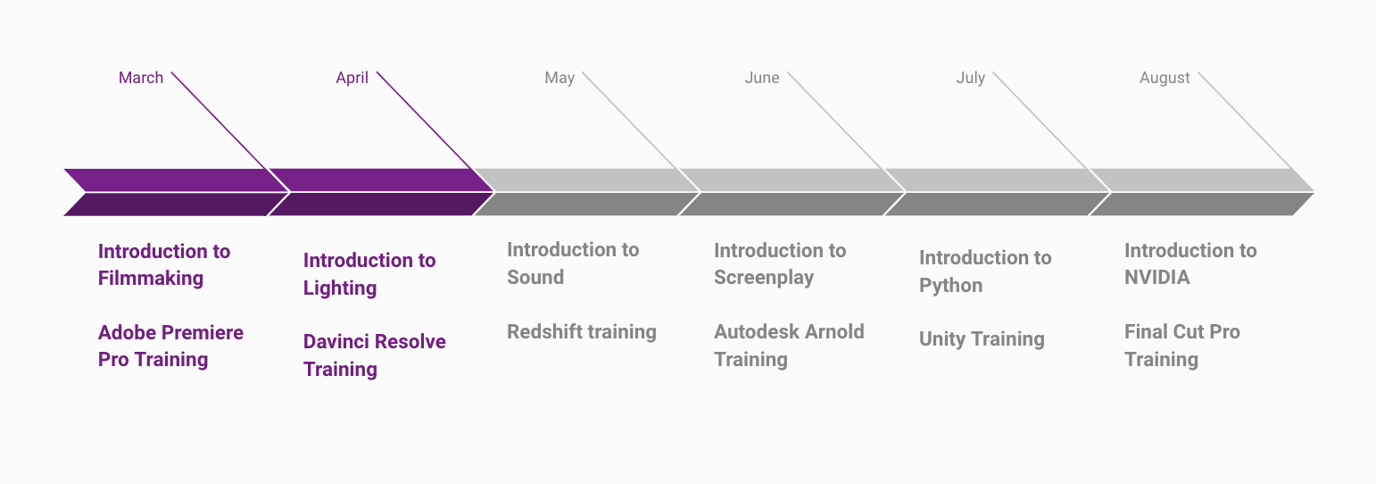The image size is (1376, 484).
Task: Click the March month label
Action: coord(141,78)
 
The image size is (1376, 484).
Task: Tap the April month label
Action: coord(352,78)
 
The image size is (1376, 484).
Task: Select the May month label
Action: coord(560,79)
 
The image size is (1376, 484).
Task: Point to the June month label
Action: coord(762,78)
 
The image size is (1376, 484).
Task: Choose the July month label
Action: coord(971,79)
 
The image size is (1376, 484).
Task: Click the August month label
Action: coord(1165,79)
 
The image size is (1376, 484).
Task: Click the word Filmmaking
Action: coord(151,279)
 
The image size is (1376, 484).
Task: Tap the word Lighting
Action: coord(340,288)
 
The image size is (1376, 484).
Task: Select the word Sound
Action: coord(535,278)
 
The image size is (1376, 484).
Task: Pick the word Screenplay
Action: coord(764,278)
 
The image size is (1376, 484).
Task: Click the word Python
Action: coord(951,286)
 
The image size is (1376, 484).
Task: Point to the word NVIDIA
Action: coord(1157,278)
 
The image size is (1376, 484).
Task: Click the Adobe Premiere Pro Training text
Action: coord(170,346)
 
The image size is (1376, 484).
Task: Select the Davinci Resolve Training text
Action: coord(375,355)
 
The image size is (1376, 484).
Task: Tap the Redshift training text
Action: coord(582,332)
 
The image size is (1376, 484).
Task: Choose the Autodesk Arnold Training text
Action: coord(789,346)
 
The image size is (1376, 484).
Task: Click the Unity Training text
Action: coord(982,339)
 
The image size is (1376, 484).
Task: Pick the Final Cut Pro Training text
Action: coord(1182,346)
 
